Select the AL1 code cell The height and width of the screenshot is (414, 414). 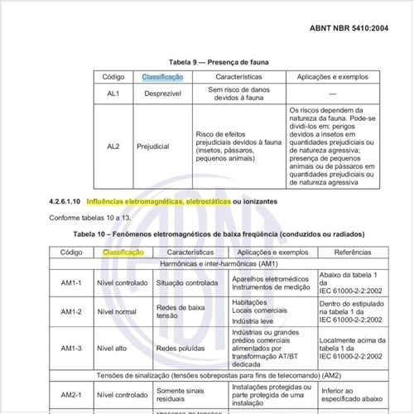pyautogui.click(x=113, y=94)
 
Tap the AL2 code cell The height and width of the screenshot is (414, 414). pyautogui.click(x=113, y=146)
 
